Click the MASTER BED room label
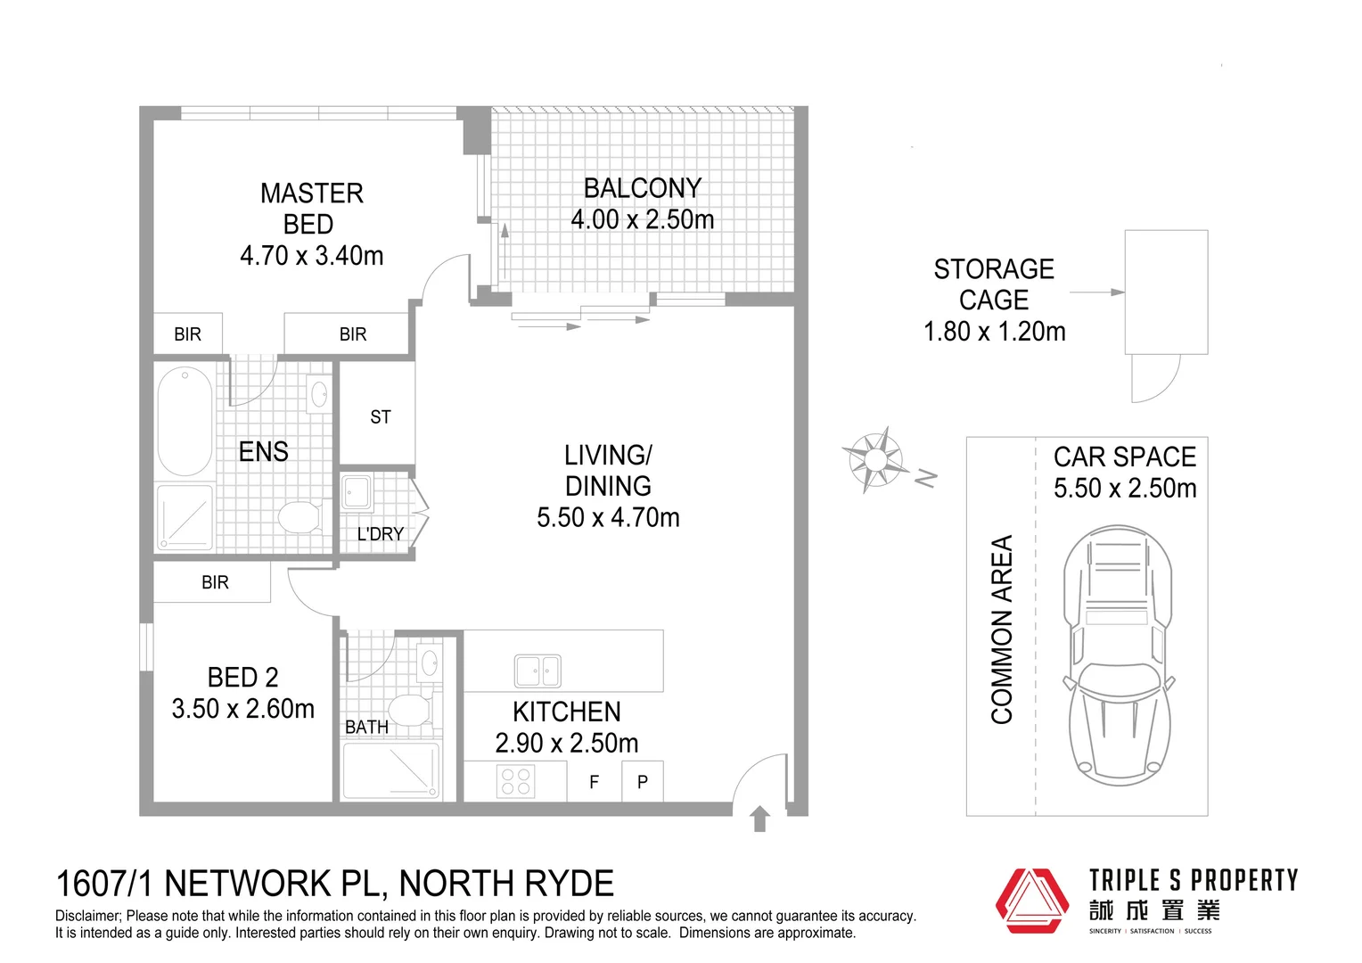(x=311, y=209)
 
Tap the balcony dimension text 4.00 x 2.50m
(x=642, y=219)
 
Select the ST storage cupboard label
(x=380, y=416)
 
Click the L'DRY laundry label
(x=380, y=533)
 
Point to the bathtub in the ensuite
(x=185, y=421)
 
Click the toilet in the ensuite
(x=299, y=516)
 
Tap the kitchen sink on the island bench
(x=537, y=671)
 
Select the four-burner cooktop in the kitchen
(x=515, y=782)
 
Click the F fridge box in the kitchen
(x=594, y=782)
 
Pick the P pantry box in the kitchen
(x=642, y=782)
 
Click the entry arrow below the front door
(x=759, y=819)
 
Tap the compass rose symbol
(x=874, y=459)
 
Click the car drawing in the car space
(x=1117, y=655)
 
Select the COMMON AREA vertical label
(x=1002, y=629)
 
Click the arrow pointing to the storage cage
(x=1096, y=292)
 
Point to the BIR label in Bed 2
(x=215, y=582)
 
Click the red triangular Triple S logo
(x=1031, y=901)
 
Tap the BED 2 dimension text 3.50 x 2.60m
(x=242, y=709)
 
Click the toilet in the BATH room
(x=410, y=711)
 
